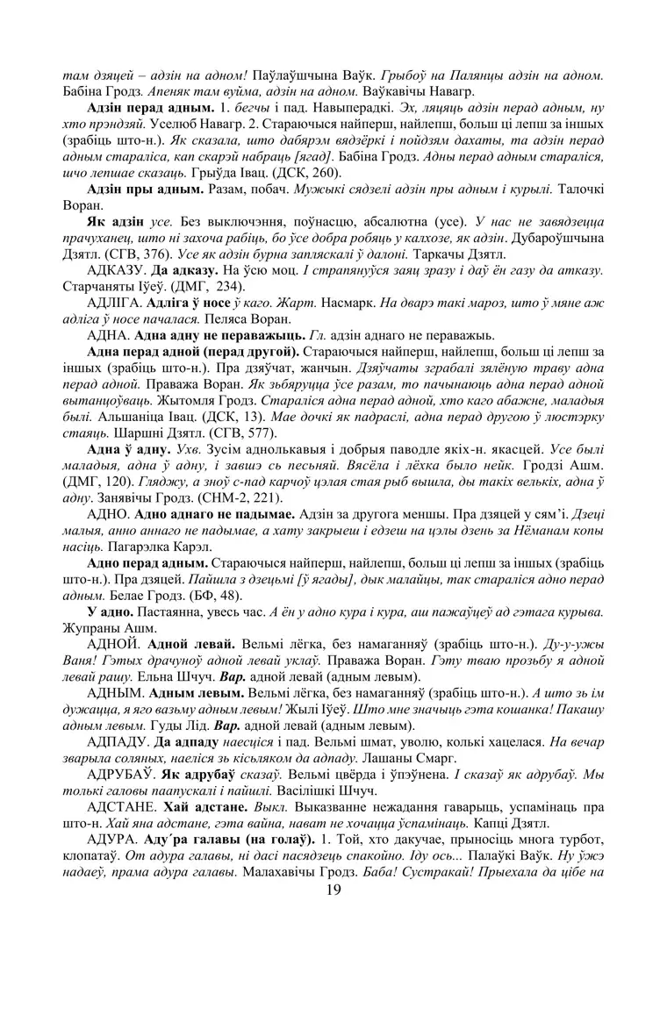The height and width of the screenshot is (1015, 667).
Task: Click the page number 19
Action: click(333, 890)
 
